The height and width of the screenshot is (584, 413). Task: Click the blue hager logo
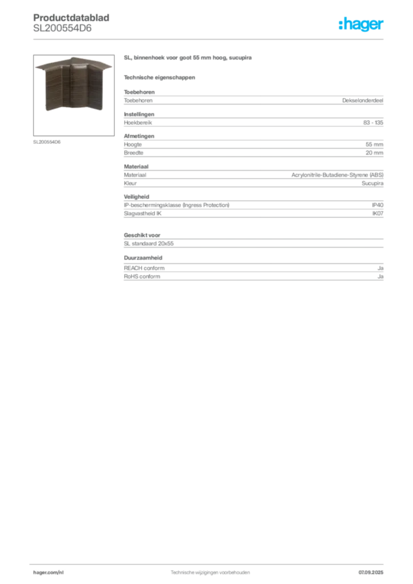coord(362,25)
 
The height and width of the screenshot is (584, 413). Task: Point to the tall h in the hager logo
coord(342,24)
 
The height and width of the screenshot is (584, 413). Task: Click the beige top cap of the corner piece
coord(70,63)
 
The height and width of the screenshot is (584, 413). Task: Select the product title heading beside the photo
coord(189,58)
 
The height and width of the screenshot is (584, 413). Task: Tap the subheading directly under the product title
coord(160,77)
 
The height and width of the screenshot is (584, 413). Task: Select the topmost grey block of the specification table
coord(253,100)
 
